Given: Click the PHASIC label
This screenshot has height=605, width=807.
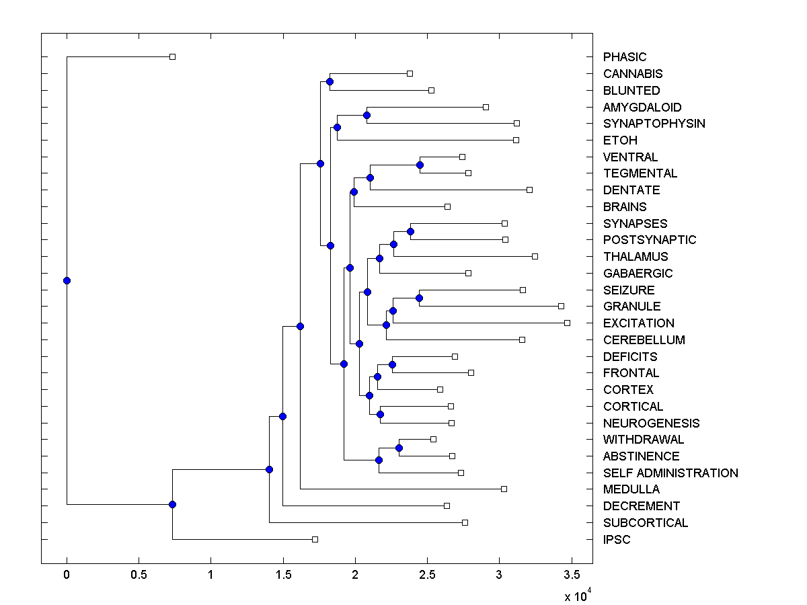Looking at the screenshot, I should (x=624, y=57).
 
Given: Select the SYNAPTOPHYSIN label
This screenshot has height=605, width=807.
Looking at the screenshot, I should (x=654, y=124).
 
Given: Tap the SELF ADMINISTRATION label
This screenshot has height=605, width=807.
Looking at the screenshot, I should (x=670, y=473).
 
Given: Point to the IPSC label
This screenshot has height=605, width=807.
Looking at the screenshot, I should (x=617, y=540).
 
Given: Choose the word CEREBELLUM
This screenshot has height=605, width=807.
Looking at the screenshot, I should (x=644, y=340).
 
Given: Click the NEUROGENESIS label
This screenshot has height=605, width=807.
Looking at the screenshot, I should (x=651, y=424).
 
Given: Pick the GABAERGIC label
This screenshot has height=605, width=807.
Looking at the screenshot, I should (x=638, y=274).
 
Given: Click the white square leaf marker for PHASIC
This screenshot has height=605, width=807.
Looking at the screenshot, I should (x=172, y=57).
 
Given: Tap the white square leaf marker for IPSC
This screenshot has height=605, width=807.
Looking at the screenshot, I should (x=315, y=539).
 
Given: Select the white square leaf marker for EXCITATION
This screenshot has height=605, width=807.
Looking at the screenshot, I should (x=567, y=323).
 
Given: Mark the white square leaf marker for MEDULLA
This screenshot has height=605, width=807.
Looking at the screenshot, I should (x=504, y=489).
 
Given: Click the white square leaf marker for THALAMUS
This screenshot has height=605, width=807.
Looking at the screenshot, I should (x=535, y=256).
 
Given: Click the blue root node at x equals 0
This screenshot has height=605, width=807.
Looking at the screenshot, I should (x=67, y=280).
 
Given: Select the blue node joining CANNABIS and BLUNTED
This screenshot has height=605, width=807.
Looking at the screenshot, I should (x=330, y=81).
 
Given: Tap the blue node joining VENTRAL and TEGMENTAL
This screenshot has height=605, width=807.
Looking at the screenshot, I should (x=420, y=165).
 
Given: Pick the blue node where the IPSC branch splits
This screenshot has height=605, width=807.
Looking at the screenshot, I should (x=172, y=504).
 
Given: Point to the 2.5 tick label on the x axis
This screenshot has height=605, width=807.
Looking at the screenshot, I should (x=426, y=575).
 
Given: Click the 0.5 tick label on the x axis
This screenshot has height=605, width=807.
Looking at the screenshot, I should (x=139, y=575).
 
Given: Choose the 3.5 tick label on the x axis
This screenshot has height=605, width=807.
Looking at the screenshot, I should (x=571, y=575).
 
